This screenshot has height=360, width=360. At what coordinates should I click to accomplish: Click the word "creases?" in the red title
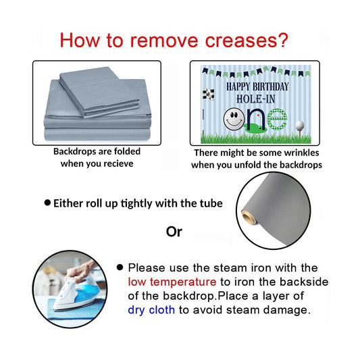[247, 41]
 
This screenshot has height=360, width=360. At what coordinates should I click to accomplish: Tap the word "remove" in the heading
[164, 41]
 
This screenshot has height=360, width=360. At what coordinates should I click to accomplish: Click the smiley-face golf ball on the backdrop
[234, 118]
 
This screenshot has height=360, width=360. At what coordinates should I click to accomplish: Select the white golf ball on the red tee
[300, 126]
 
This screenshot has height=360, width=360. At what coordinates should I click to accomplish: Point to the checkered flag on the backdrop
[209, 94]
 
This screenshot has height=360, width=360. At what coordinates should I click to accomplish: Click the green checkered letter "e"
[277, 119]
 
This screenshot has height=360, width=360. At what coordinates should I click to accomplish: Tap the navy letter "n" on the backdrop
[255, 120]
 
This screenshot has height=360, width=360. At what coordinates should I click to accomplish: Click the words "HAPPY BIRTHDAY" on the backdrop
[257, 86]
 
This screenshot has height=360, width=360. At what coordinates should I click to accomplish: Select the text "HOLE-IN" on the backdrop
[256, 99]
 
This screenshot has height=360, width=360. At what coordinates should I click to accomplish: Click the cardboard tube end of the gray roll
[248, 217]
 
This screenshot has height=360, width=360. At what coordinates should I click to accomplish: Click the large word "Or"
[174, 232]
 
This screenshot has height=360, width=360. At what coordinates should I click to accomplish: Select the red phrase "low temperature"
[172, 282]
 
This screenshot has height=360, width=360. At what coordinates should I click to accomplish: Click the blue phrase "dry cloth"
[151, 310]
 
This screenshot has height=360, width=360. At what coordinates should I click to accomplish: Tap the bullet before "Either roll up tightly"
[47, 203]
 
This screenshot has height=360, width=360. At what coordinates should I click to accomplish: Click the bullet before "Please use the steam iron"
[120, 267]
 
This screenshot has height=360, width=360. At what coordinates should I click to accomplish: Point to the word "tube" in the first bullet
[211, 203]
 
